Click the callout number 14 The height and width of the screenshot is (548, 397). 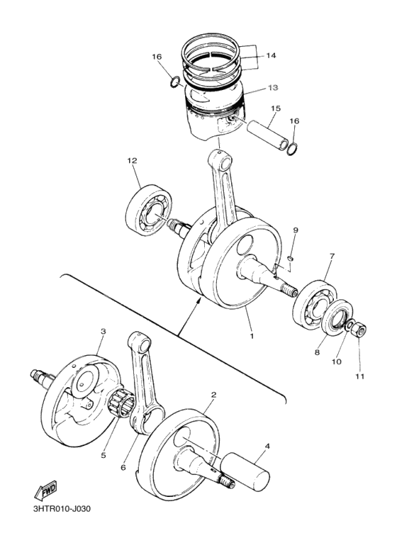coord(271,56)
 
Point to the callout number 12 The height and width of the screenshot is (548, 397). coord(133,161)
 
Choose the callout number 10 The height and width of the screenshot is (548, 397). coord(336,361)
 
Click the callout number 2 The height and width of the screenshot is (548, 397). coord(213,394)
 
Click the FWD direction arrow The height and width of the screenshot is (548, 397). coord(46,491)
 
